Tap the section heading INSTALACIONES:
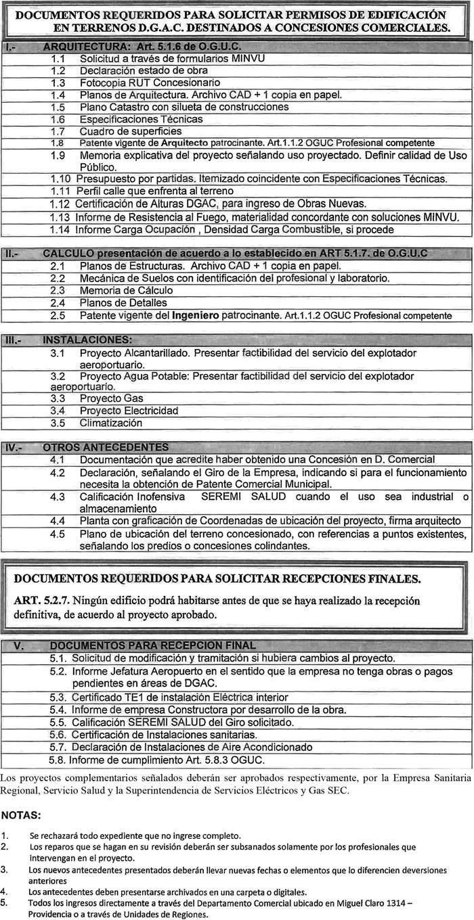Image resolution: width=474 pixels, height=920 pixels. coord(87,340)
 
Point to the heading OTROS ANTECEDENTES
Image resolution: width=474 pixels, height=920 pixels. coord(105,447)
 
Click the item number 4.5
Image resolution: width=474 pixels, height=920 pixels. coord(58,533)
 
